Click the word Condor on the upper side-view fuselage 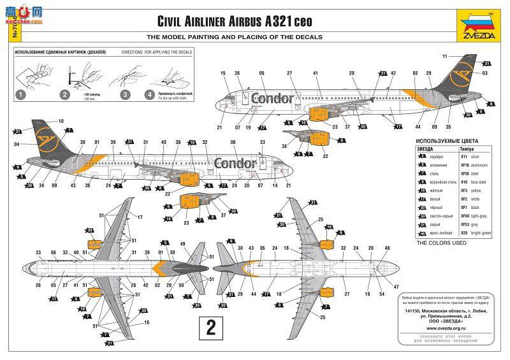273,98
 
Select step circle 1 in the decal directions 21,95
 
